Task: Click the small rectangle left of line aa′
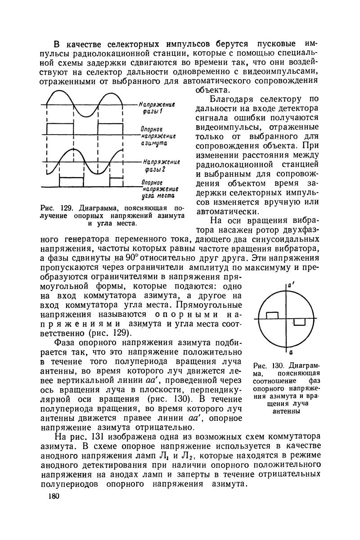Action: coord(273,315)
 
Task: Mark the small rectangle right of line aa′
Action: coord(299,321)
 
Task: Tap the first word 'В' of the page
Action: coord(57,45)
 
